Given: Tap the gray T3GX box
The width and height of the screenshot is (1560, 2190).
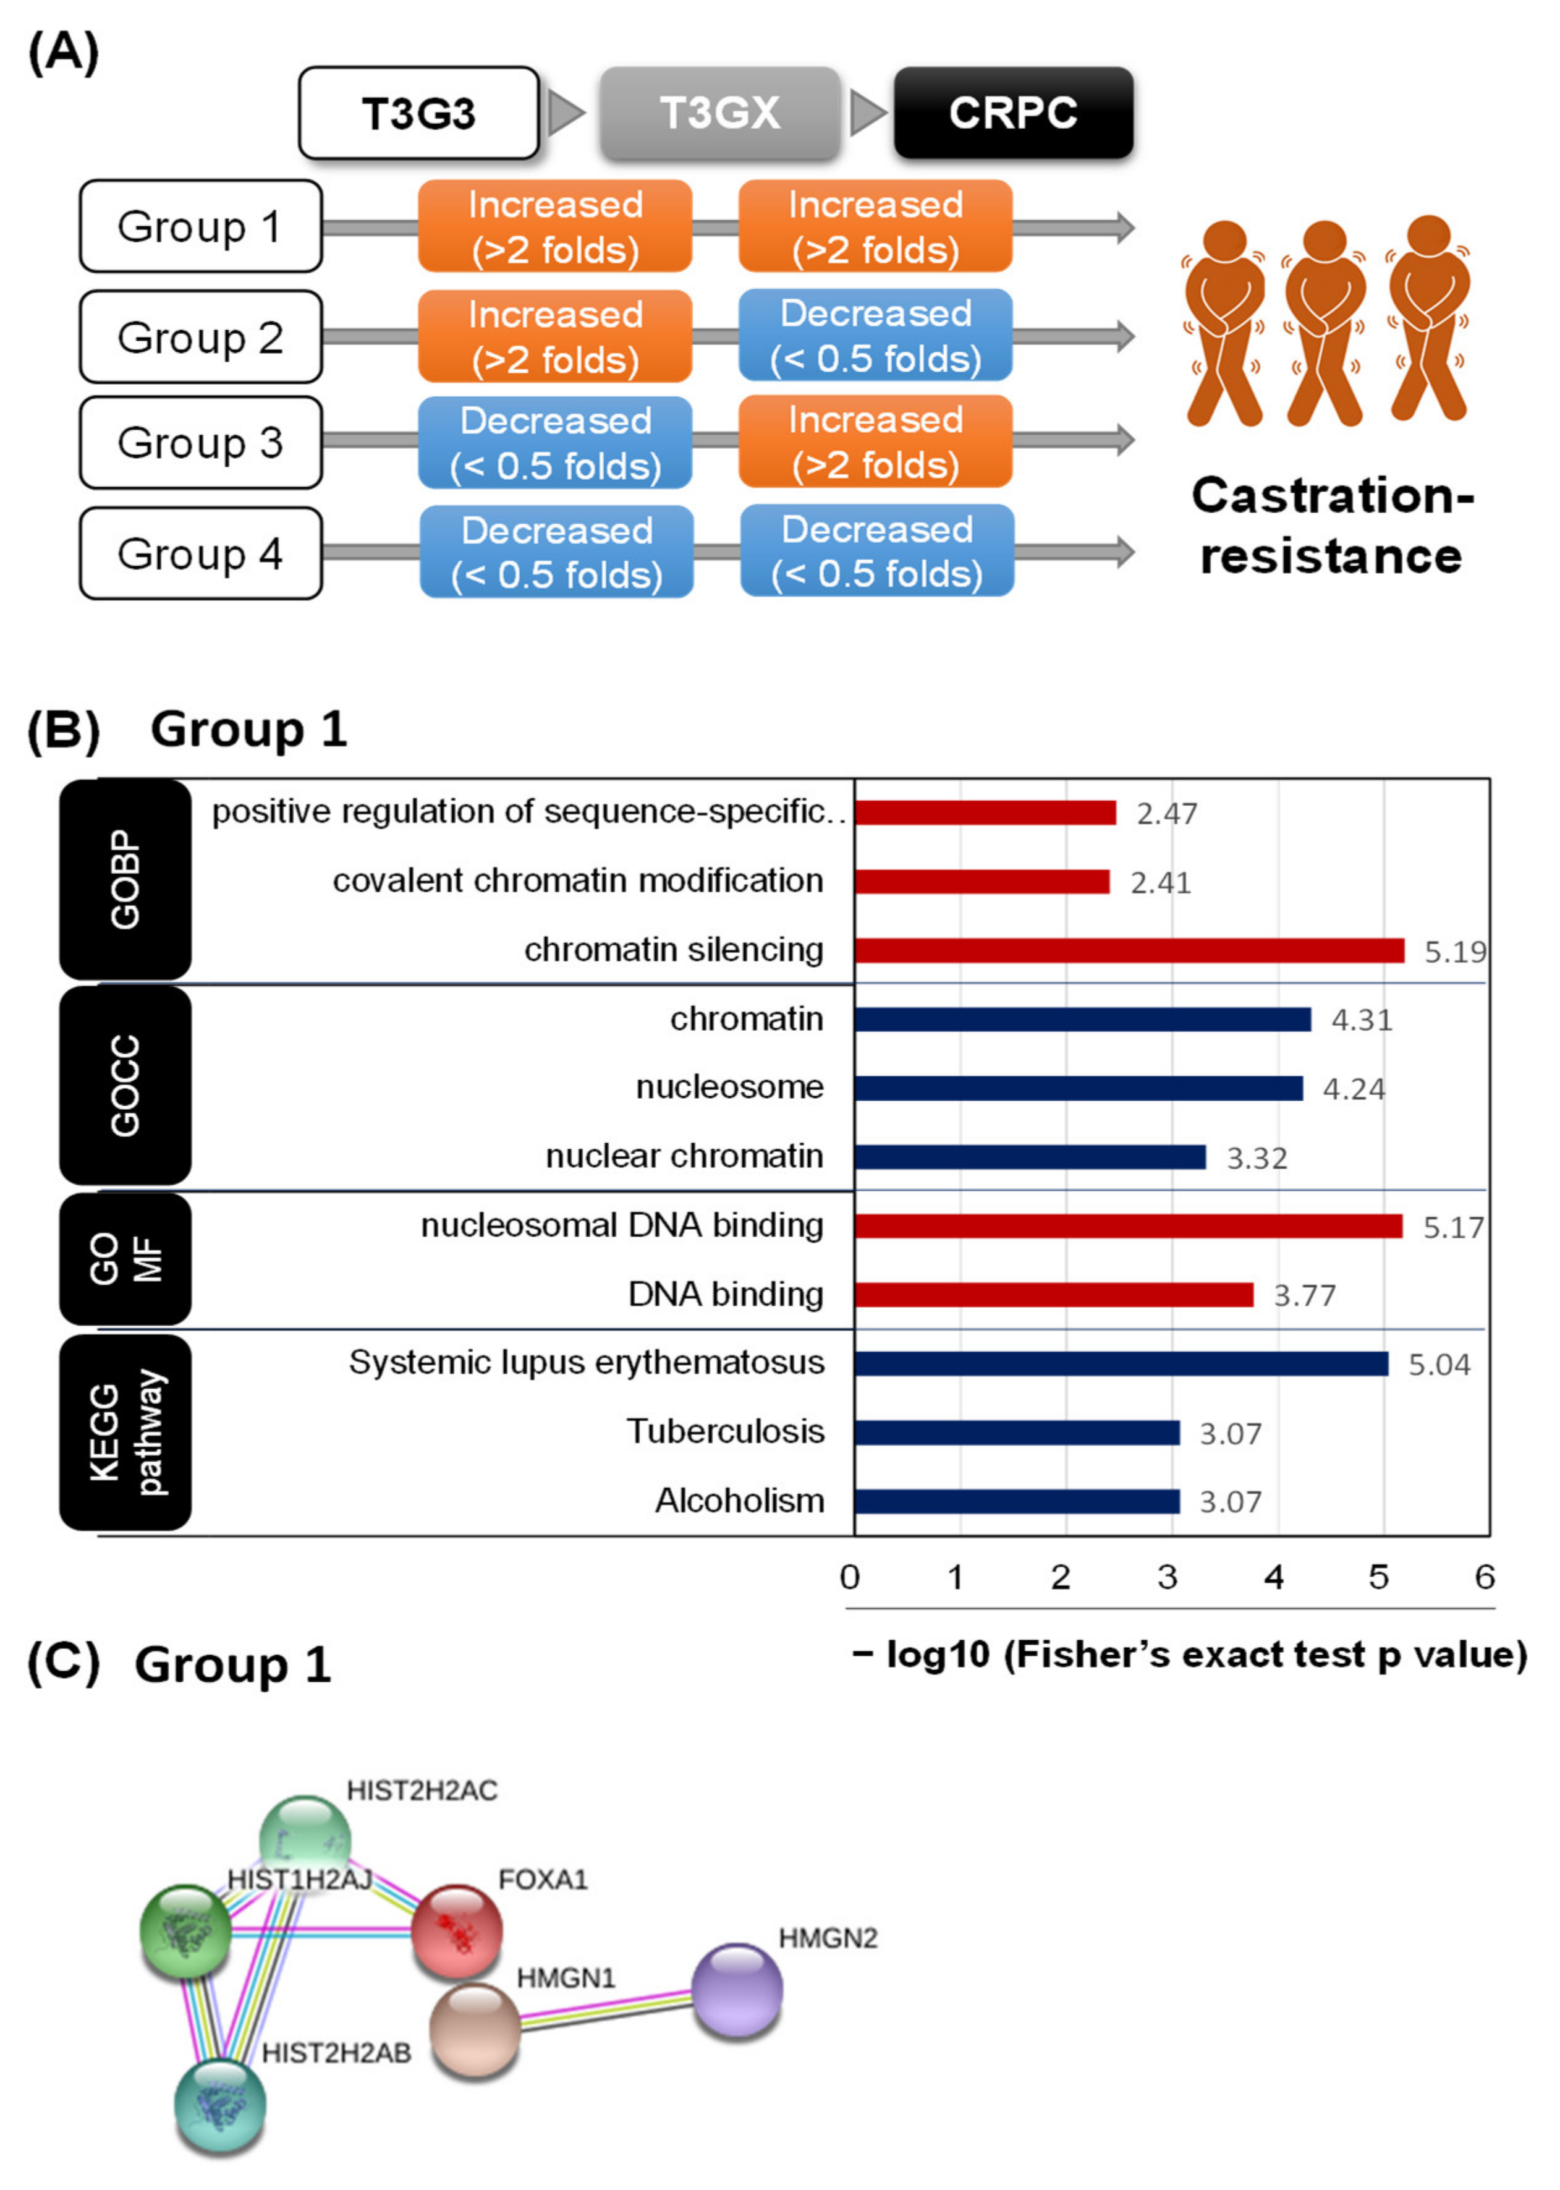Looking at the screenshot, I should pos(719,113).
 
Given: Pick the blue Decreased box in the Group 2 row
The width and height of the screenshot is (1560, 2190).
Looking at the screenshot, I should pos(875,335).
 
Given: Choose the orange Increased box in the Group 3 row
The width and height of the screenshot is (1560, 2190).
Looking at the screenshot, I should pos(875,442).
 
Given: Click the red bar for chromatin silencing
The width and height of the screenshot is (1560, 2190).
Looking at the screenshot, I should pos(1129,950).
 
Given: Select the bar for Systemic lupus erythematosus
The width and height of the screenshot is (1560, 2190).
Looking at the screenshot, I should pos(1121,1363).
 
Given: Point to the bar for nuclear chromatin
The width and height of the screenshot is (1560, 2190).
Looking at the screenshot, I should pos(1030,1157).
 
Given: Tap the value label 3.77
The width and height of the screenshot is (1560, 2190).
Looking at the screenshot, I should pos(1304,1295).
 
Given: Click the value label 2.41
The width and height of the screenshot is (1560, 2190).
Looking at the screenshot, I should pos(1160,882).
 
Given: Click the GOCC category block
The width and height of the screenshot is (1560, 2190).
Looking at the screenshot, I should pos(125,1086).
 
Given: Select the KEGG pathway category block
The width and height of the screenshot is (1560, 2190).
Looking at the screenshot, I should pos(125,1432).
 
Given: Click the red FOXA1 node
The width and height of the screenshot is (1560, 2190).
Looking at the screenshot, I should pos(456,1932).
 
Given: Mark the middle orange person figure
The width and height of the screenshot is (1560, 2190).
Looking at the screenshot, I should pos(1326,322).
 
